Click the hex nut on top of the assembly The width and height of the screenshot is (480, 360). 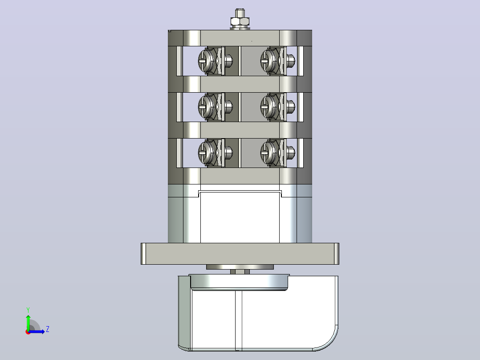[x=240, y=21]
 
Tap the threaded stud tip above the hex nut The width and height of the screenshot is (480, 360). [x=240, y=13]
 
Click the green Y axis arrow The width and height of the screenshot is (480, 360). [x=28, y=322]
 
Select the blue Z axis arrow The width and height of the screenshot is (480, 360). [x=37, y=331]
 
